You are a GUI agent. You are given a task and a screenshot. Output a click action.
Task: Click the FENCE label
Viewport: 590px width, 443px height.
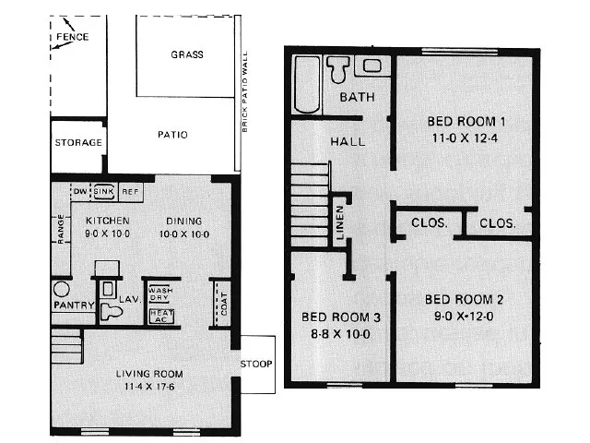[72, 37]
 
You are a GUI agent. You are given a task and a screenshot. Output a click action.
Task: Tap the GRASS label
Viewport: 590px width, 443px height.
[187, 54]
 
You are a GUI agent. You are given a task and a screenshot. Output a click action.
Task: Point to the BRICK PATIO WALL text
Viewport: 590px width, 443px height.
[245, 92]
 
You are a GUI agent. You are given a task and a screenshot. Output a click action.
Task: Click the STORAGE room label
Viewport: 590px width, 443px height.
[78, 142]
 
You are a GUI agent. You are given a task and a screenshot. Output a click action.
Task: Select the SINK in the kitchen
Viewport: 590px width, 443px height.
[103, 191]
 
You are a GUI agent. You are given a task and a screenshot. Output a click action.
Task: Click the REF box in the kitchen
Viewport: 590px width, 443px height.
[131, 192]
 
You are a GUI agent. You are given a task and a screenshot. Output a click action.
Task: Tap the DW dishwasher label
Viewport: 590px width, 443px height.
[80, 191]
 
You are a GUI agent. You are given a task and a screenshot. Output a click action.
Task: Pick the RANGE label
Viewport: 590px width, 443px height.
[61, 229]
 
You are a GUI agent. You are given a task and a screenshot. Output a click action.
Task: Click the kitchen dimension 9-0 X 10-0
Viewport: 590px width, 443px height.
[107, 233]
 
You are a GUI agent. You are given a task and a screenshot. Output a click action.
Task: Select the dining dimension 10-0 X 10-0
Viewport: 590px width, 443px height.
[184, 234]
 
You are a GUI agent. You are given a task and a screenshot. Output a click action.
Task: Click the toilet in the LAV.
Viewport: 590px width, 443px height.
[111, 312]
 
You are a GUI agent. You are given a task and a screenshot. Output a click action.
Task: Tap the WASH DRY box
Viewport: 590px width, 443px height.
[160, 293]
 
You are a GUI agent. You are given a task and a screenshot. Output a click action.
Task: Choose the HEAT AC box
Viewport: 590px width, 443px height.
[161, 316]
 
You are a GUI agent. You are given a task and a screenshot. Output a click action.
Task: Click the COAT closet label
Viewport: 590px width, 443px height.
[223, 304]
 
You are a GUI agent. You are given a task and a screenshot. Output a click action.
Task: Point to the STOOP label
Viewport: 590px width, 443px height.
[256, 364]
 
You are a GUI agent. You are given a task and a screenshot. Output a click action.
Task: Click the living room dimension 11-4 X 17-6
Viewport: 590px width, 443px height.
[149, 387]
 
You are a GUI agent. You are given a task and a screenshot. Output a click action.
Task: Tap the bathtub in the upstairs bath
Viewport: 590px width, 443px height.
[307, 84]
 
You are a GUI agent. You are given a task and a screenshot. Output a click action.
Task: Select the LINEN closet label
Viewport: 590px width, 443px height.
[340, 222]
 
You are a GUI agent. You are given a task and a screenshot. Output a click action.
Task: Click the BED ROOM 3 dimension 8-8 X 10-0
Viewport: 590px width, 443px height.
[340, 334]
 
